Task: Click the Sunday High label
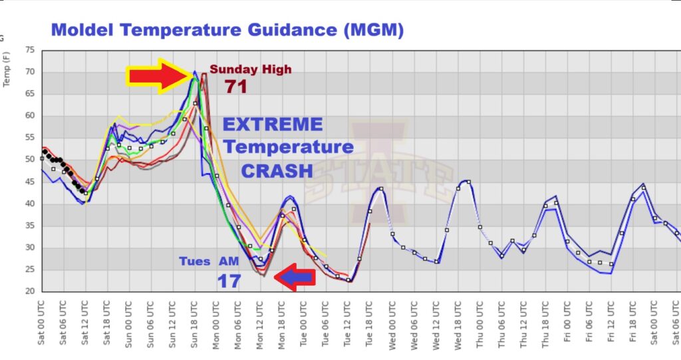251,69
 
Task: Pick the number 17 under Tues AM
228,281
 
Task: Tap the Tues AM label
208,262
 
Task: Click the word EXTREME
272,124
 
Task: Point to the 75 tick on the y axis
30,50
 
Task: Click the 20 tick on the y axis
30,291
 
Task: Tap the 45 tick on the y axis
30,182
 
